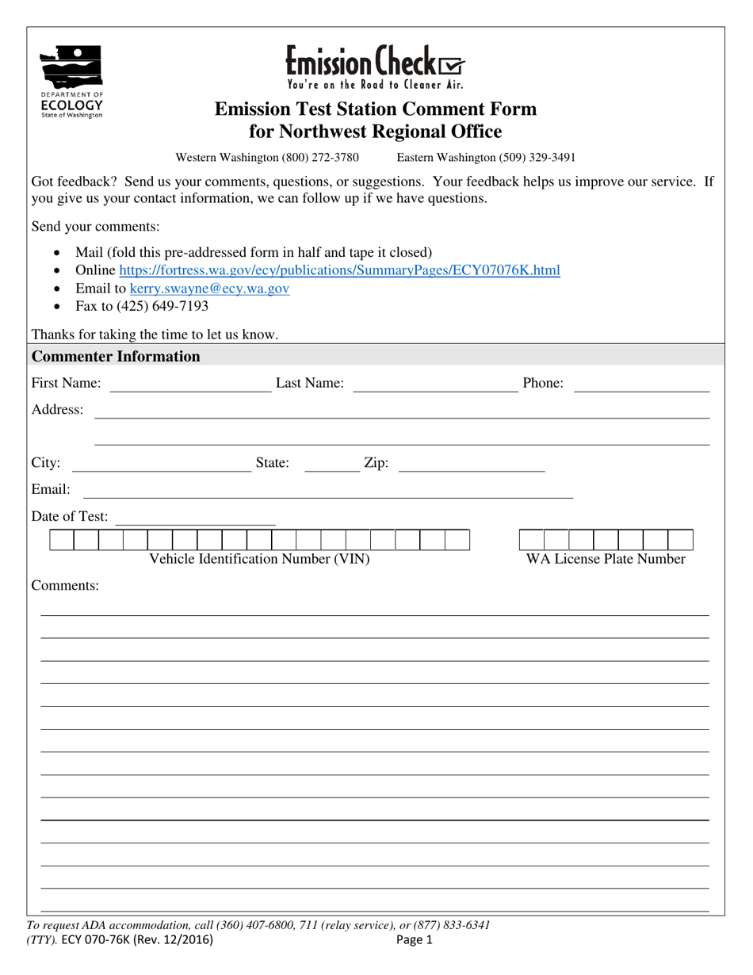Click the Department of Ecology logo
point(71,82)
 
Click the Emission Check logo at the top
point(375,66)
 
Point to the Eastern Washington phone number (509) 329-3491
point(486,158)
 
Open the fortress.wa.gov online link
point(339,271)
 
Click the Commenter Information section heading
point(116,357)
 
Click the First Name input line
point(189,385)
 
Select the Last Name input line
point(434,385)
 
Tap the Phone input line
point(641,385)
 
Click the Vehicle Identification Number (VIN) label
point(260,560)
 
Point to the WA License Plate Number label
point(606,560)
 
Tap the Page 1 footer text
point(415,941)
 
